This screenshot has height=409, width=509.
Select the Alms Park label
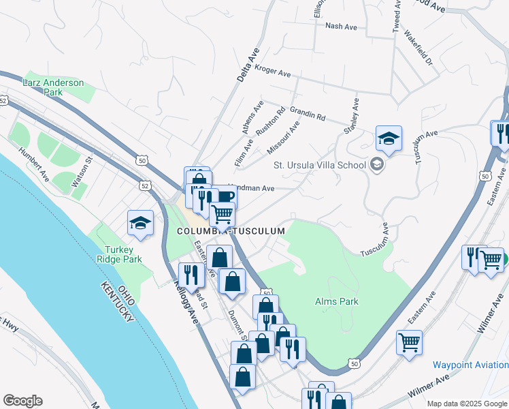pos(336,301)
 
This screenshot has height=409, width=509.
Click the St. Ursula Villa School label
pos(320,164)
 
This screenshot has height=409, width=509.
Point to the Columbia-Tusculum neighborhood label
pos(230,232)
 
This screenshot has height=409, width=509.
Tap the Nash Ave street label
pos(342,27)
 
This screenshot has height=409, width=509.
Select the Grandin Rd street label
pos(308,112)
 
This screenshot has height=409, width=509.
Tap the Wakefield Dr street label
pos(418,46)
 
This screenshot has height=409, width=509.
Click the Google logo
pos(22,401)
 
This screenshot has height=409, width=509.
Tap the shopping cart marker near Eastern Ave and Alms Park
pos(409,342)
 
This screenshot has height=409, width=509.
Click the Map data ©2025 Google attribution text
pos(467,404)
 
